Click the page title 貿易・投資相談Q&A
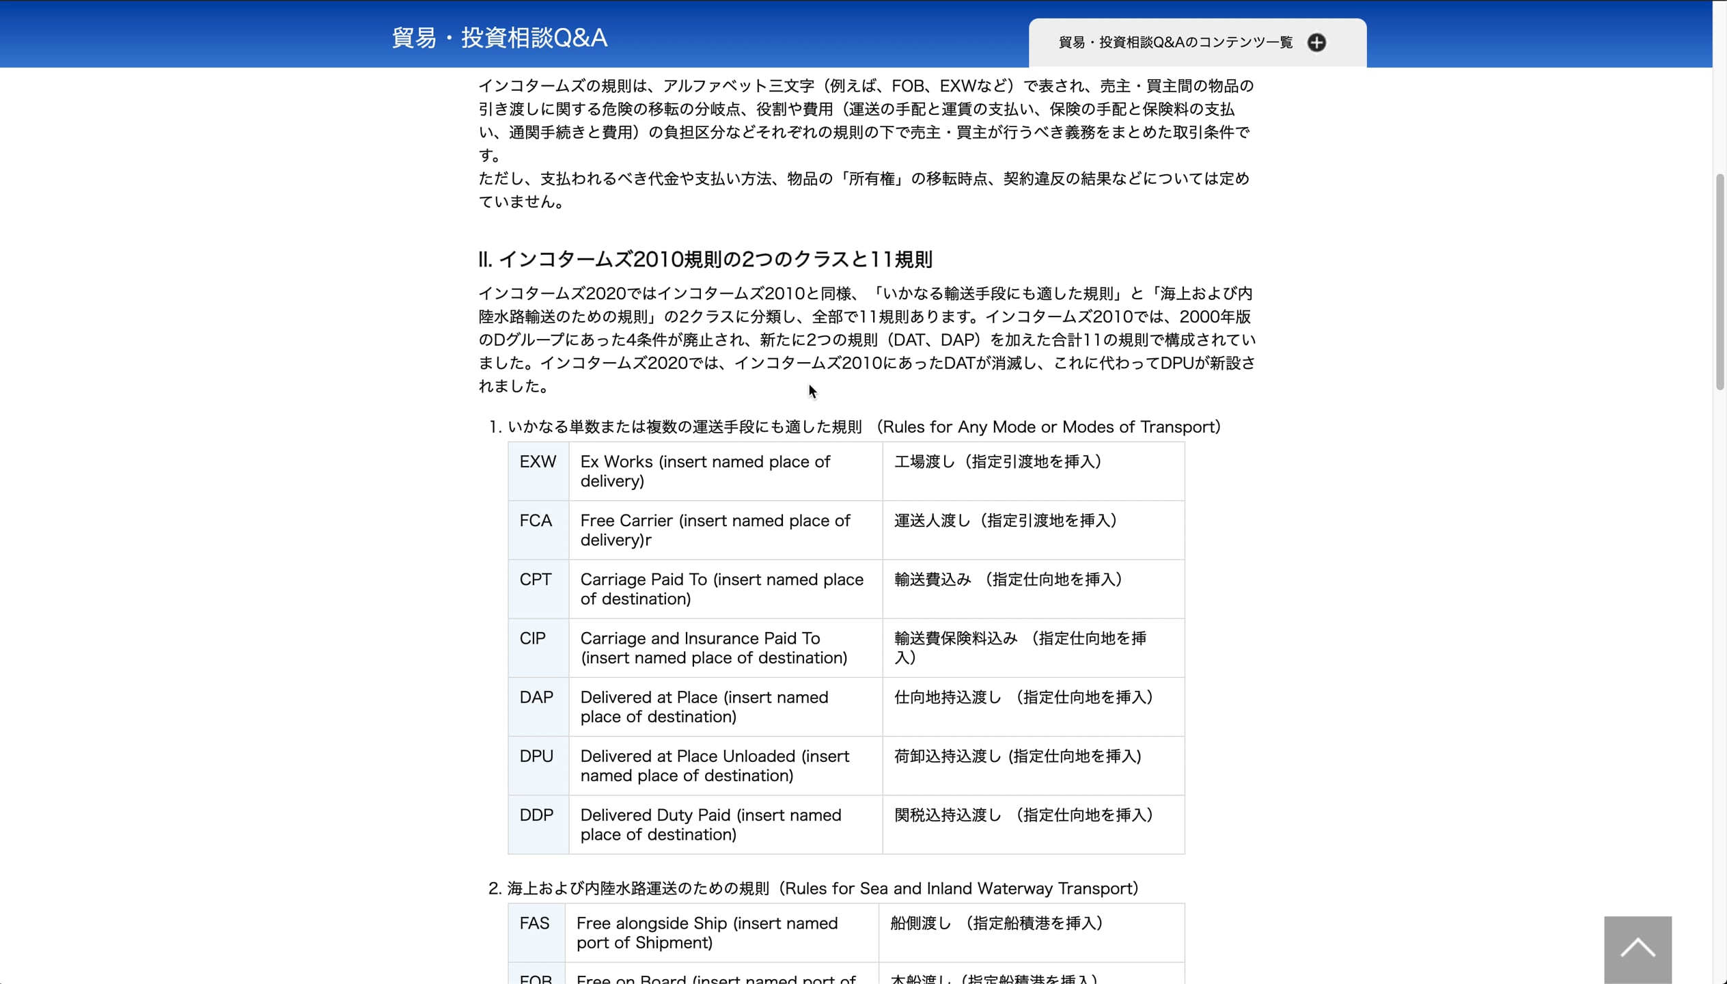(x=499, y=38)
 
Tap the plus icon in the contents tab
(x=1316, y=42)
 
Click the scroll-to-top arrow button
(x=1638, y=948)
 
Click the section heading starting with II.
(x=705, y=260)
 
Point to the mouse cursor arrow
(x=811, y=389)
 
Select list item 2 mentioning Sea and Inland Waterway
(x=813, y=888)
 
